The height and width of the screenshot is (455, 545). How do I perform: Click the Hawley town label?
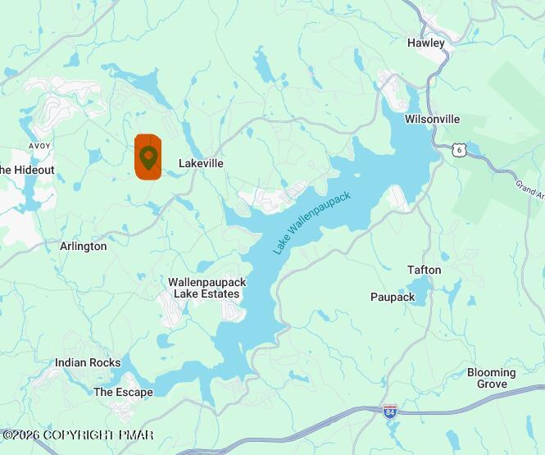pos(425,43)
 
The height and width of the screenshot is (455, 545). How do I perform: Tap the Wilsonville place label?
pos(432,119)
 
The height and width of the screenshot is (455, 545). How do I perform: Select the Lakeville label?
pos(201,163)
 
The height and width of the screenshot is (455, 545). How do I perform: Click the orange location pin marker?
pos(148,156)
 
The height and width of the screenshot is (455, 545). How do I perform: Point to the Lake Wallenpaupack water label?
pos(312,222)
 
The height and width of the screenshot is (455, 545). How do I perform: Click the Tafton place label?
pos(424,270)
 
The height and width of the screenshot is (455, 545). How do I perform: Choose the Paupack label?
pos(393,297)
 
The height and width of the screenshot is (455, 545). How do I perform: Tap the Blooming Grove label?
pos(492,378)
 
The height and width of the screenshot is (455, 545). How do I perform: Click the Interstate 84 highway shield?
pos(390,410)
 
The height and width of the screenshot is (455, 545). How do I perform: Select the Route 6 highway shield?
pos(460,149)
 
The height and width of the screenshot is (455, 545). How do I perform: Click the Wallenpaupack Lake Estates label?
pos(207,288)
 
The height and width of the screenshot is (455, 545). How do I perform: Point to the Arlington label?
pos(83,246)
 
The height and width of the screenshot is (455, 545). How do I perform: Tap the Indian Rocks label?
pos(88,362)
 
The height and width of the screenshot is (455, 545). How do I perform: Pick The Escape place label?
pos(123,392)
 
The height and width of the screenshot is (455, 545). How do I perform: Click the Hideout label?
pos(27,170)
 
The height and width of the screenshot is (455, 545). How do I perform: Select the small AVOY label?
pos(39,146)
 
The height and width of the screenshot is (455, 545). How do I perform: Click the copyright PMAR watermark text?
pos(78,435)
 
